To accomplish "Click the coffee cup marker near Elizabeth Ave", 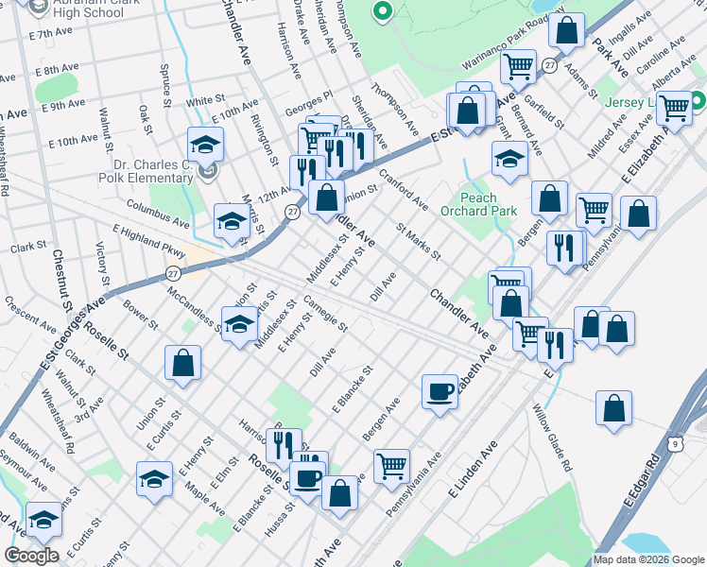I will coord(440,392).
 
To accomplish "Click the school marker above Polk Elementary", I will coord(205,145).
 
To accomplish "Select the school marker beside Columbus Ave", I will coord(232,221).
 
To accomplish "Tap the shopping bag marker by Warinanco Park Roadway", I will coord(567,30).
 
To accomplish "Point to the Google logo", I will coord(31,556).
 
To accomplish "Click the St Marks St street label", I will coord(419,241).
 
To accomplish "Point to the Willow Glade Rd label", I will coord(552,438).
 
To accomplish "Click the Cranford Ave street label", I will coord(404,192).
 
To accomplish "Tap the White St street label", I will coord(203,101).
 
